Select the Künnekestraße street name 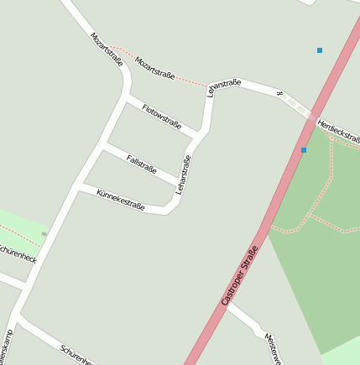point(121,201)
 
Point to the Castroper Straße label point(240,274)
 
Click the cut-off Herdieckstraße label point(340,133)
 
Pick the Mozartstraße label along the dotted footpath point(155,68)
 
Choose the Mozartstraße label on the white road point(107,50)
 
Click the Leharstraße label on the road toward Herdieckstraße point(224,86)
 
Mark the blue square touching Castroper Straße point(304,150)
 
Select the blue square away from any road point(320,50)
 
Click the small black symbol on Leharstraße point(279,94)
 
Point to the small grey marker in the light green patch point(44,234)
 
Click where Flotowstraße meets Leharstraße point(201,133)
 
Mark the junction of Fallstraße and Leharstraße point(180,184)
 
